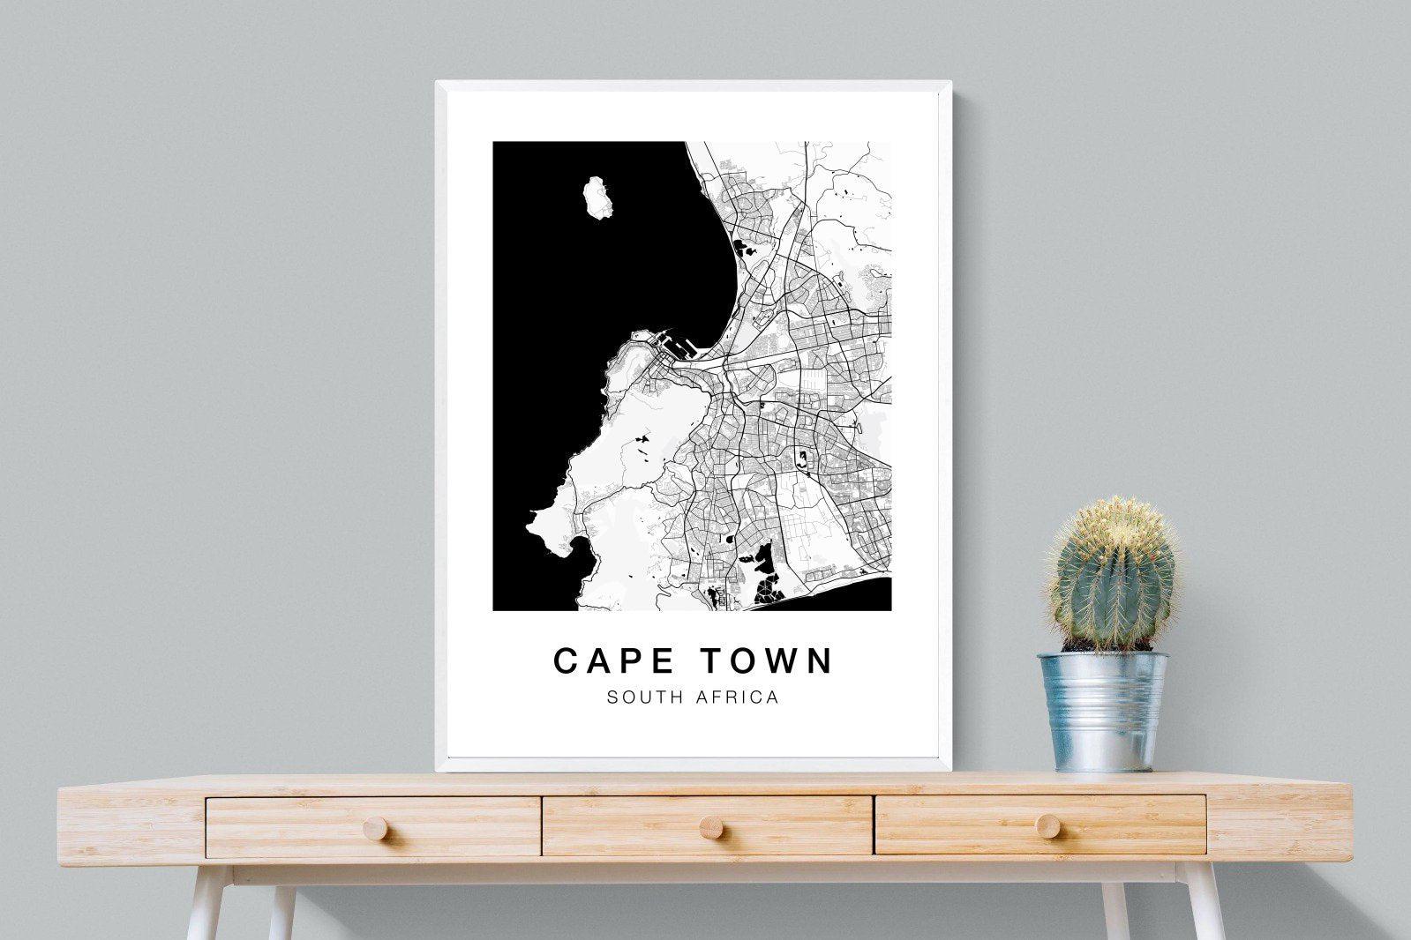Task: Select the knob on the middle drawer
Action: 707,827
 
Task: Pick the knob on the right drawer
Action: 1047,824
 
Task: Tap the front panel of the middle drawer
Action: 635,827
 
